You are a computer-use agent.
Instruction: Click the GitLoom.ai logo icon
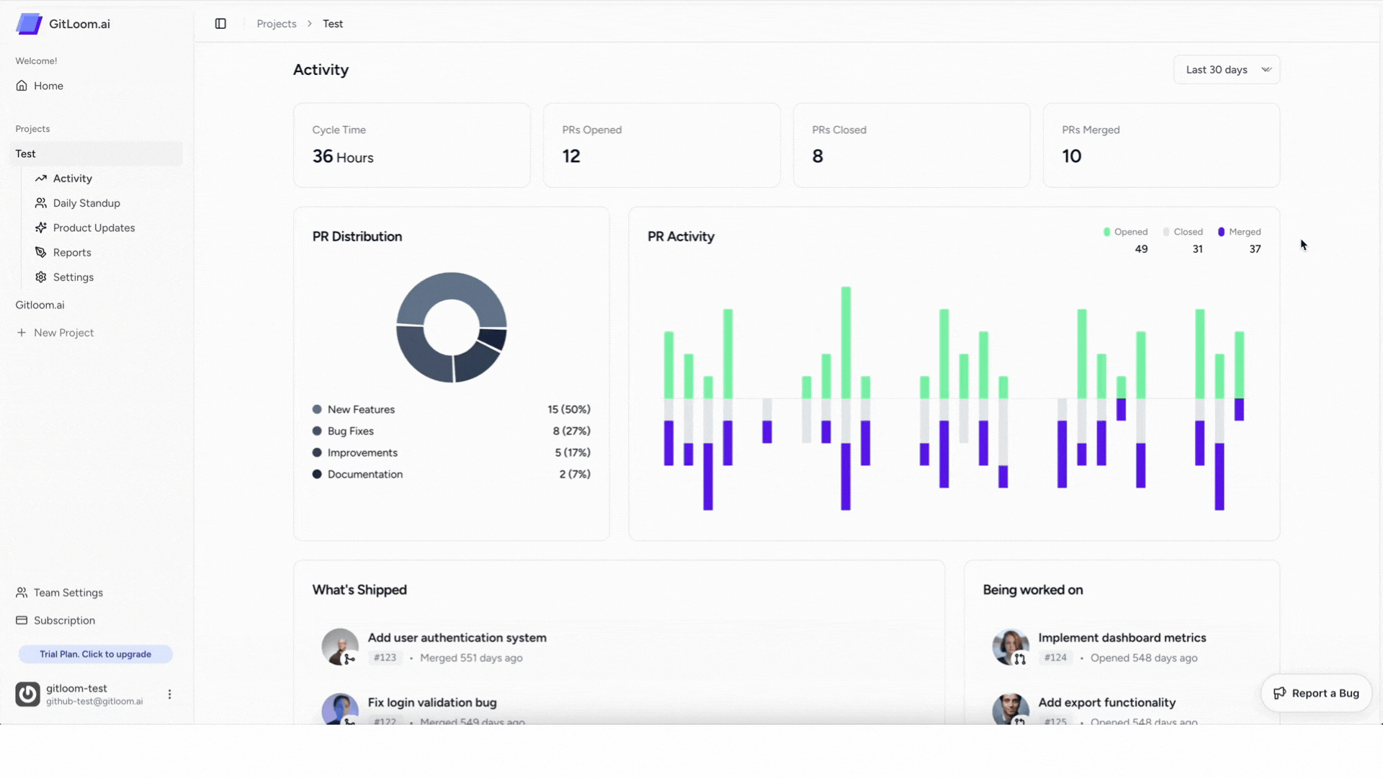[x=29, y=24]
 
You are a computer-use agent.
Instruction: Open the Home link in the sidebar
[x=48, y=86]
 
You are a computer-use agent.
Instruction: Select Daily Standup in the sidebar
[x=86, y=203]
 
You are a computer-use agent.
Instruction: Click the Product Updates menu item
[x=94, y=228]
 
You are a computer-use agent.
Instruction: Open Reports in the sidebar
[x=72, y=253]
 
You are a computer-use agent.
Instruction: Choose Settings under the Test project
[x=73, y=277]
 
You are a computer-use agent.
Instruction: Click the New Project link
[x=63, y=333]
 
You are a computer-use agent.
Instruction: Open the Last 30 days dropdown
[x=1226, y=70]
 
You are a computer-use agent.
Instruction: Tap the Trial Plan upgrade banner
[x=95, y=654]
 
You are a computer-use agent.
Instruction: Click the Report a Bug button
[x=1316, y=693]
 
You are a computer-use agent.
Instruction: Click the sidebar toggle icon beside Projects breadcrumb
[x=220, y=24]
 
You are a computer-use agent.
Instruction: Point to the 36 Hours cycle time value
[x=343, y=157]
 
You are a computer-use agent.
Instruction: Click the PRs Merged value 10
[x=1071, y=156]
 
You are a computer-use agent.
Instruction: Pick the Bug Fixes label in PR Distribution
[x=351, y=431]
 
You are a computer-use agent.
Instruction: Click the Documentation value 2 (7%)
[x=575, y=474]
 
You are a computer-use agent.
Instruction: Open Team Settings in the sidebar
[x=68, y=593]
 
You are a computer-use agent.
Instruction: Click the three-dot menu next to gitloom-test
[x=170, y=694]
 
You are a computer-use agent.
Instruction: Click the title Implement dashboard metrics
[x=1122, y=638]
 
